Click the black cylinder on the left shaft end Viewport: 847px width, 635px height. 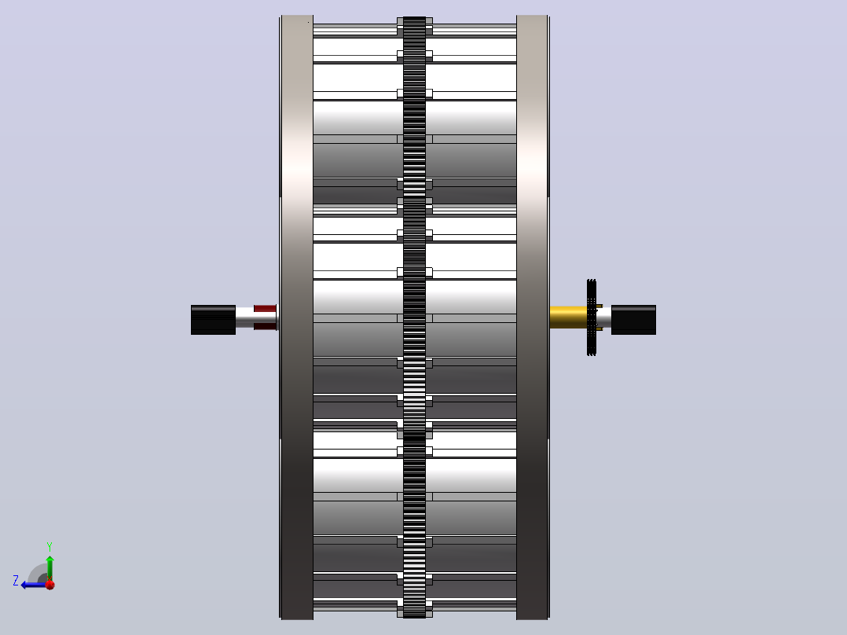213,320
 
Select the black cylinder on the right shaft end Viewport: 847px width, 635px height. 633,320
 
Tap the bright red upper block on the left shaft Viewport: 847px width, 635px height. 265,309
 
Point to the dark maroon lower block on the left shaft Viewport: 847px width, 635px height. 265,326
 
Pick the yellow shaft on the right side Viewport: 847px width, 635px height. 568,317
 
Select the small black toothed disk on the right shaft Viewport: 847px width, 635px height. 592,317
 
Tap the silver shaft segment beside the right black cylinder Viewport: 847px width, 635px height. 604,317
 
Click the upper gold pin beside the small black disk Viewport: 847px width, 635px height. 599,306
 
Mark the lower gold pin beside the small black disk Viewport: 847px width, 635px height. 599,329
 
